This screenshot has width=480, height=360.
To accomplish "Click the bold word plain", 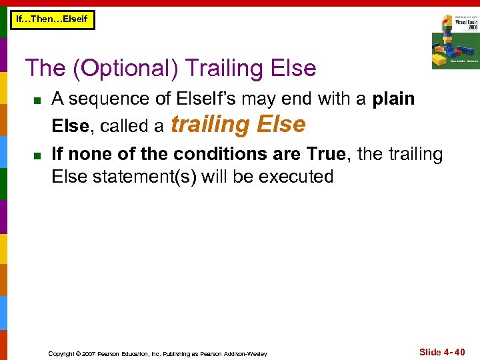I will tap(393, 99).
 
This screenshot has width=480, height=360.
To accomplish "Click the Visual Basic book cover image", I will tap(455, 41).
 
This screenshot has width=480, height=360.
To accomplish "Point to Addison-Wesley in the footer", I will tap(248, 353).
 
